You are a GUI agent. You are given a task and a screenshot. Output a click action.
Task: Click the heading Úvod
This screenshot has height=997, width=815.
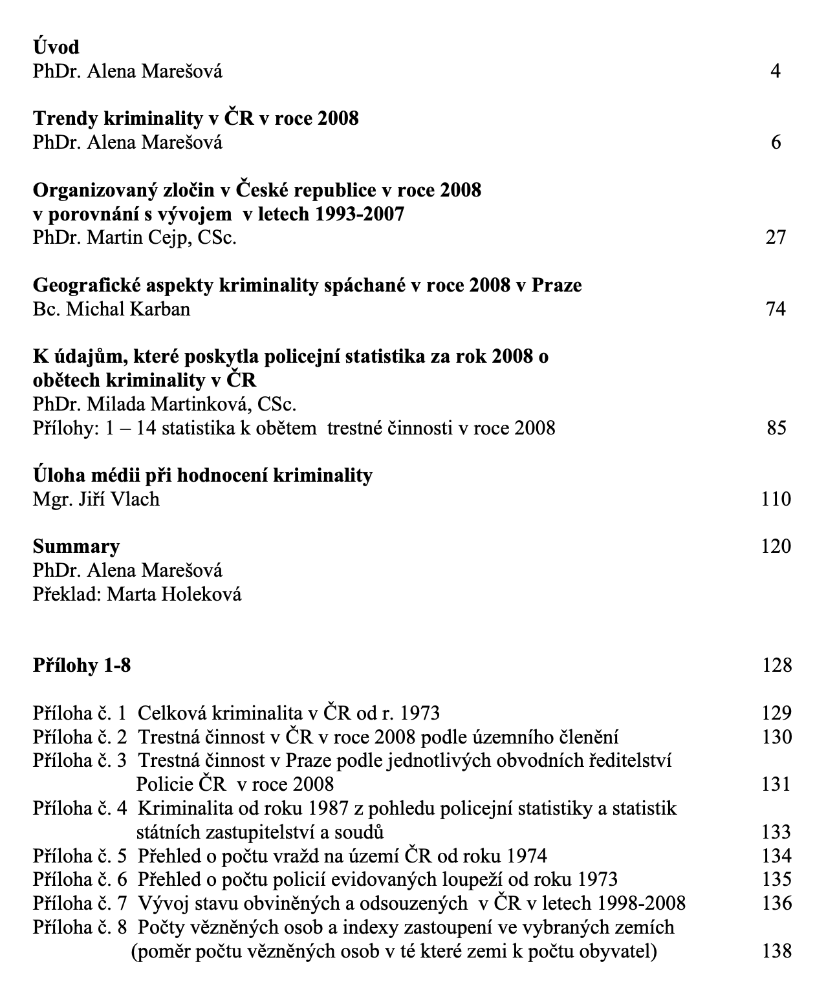pos(56,47)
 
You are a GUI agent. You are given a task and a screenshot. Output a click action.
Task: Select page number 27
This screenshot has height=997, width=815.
pos(776,237)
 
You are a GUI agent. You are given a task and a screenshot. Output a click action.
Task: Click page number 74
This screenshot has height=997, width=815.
pos(776,308)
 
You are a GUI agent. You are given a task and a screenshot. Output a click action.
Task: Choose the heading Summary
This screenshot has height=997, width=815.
pos(76,546)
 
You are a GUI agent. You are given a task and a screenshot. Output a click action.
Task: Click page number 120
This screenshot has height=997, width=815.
pos(776,546)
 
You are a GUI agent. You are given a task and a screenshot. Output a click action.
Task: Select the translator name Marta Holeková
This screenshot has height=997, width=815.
pos(174,594)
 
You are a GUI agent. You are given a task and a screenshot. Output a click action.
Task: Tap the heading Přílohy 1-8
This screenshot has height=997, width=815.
pos(81,665)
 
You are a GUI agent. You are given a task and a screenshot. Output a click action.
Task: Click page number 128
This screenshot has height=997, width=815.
pos(776,665)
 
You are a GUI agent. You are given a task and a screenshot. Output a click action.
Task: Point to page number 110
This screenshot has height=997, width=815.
pos(776,498)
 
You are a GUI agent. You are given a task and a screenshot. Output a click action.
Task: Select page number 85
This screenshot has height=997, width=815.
pos(776,427)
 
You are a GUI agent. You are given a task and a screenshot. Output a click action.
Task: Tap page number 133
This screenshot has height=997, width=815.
pos(776,831)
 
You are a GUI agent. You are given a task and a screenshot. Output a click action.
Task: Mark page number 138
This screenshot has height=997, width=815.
pos(776,950)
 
